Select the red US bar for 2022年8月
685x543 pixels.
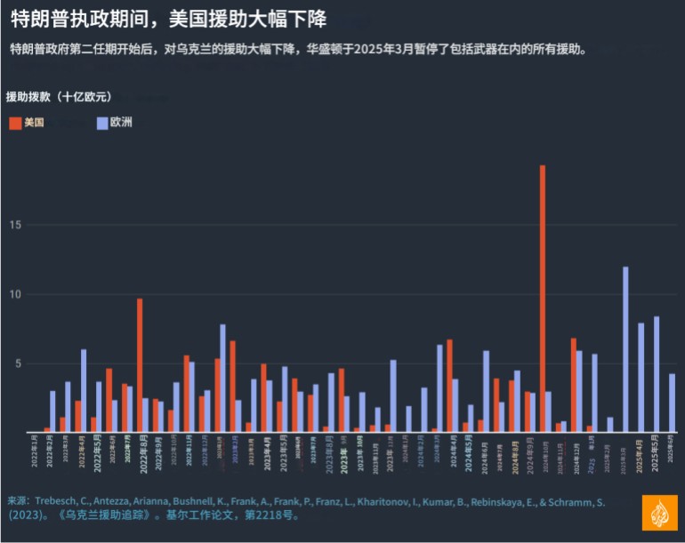pyautogui.click(x=140, y=365)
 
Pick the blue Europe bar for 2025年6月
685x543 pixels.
pyautogui.click(x=672, y=403)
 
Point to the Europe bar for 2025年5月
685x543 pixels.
pyautogui.click(x=657, y=374)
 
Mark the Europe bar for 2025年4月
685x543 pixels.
pyautogui.click(x=641, y=377)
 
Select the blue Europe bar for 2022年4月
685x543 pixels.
pyautogui.click(x=84, y=390)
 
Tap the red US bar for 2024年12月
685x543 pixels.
pyautogui.click(x=574, y=385)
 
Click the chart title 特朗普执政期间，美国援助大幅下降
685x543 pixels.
pyautogui.click(x=168, y=20)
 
